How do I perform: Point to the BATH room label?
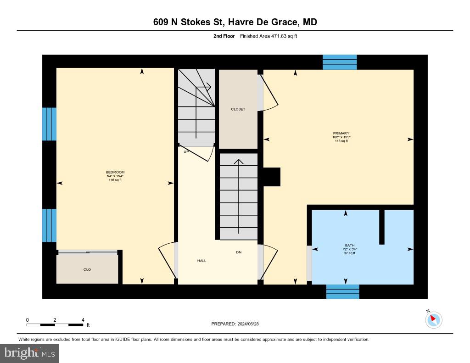click(350, 246)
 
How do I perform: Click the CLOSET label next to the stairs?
click(238, 109)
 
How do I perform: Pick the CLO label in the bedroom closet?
click(87, 269)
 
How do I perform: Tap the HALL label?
click(201, 261)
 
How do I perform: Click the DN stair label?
click(239, 252)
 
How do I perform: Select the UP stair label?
click(186, 151)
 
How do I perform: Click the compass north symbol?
click(433, 319)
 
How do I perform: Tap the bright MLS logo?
click(29, 353)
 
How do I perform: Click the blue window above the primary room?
click(340, 62)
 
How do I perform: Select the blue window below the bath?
click(342, 291)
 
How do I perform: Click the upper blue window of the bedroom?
click(49, 124)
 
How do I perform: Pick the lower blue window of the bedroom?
click(49, 225)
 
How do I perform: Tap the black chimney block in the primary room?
click(271, 177)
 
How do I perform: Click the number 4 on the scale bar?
click(83, 320)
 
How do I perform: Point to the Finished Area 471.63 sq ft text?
click(269, 36)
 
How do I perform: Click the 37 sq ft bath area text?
click(350, 253)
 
